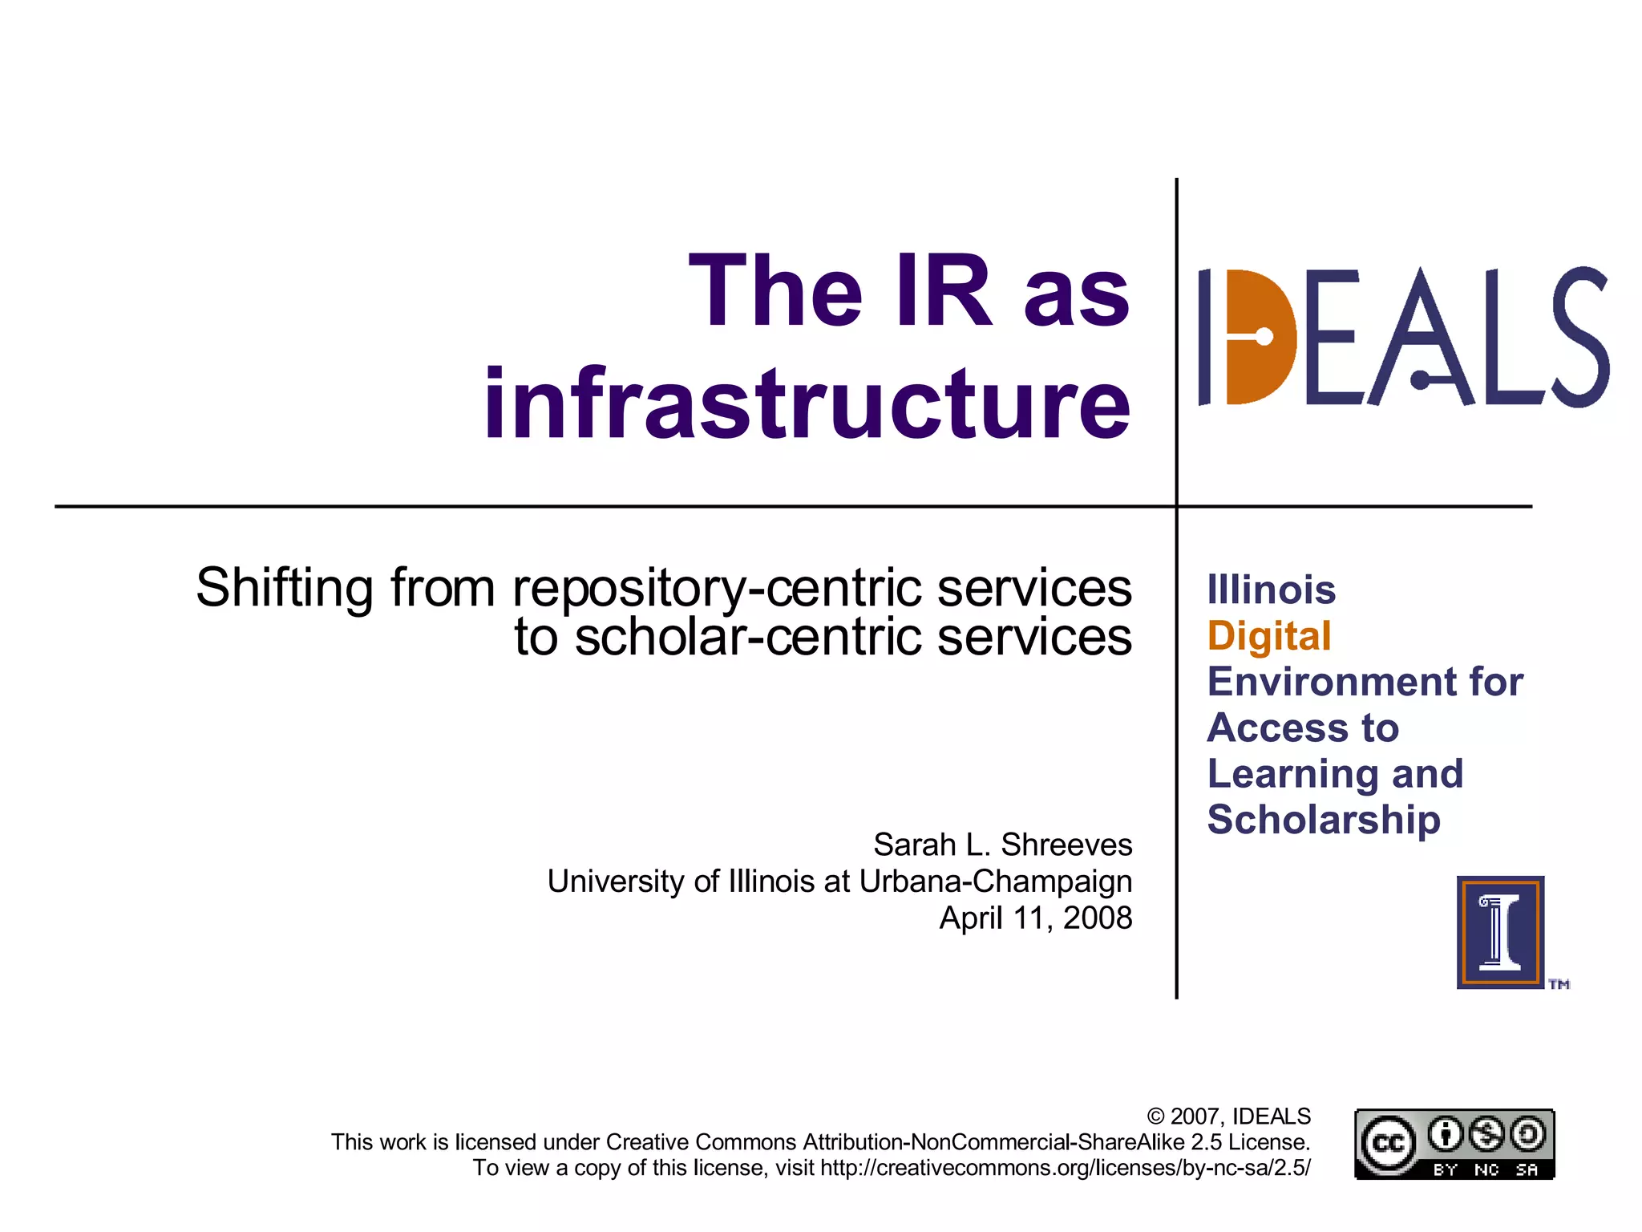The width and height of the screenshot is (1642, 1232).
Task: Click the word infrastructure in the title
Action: (807, 403)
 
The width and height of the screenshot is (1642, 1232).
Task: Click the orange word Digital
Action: (1269, 636)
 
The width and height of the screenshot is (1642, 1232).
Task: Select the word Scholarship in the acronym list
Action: (1324, 820)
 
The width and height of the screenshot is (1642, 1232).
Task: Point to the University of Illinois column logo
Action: (1500, 932)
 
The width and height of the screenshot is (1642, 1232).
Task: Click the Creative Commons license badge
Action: (1454, 1145)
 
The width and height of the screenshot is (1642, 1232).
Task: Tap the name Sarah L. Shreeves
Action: (1002, 845)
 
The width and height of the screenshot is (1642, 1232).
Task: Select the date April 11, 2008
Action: (1035, 918)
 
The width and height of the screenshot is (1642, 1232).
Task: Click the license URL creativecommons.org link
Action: (1066, 1168)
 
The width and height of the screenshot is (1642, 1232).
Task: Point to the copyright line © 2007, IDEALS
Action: (1228, 1116)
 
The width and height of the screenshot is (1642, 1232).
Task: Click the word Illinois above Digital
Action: (1272, 590)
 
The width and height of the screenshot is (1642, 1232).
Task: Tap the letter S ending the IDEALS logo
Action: (1579, 337)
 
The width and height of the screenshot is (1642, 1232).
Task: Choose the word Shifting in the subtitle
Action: (284, 588)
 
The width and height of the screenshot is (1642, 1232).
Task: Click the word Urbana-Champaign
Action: (996, 881)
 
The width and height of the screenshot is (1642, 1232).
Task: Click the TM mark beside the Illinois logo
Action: (1559, 984)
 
